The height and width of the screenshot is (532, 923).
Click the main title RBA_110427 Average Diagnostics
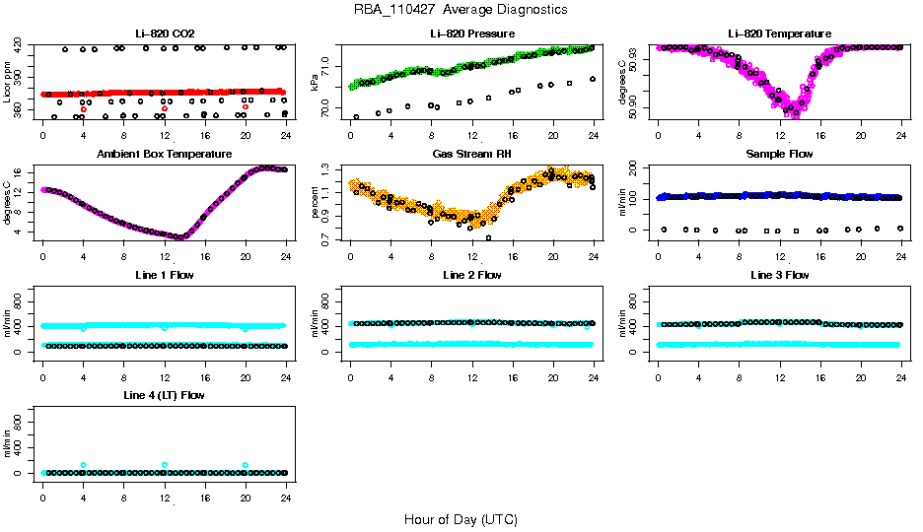pyautogui.click(x=461, y=10)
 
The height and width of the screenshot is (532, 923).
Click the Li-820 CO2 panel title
pyautogui.click(x=164, y=33)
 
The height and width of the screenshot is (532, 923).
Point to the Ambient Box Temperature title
pyautogui.click(x=164, y=155)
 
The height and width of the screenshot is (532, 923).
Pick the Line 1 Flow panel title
pyautogui.click(x=164, y=275)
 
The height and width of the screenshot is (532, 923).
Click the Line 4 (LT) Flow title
pyautogui.click(x=164, y=395)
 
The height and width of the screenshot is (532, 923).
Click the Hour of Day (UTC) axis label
pyautogui.click(x=461, y=519)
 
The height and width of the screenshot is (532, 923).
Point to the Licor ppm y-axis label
pyautogui.click(x=8, y=83)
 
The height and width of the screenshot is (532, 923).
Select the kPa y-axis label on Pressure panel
pyautogui.click(x=315, y=83)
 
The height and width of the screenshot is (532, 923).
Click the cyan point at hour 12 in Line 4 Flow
pyautogui.click(x=164, y=465)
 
